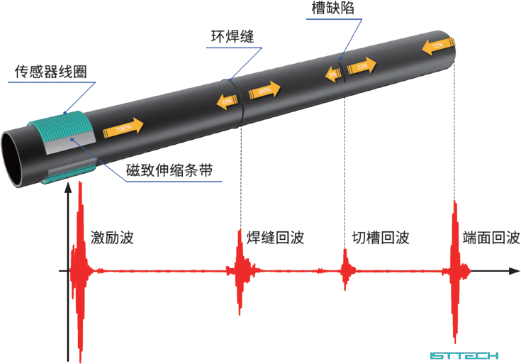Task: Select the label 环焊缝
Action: [x=233, y=35]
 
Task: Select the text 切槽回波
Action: [x=381, y=238]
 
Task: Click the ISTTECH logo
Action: [x=464, y=355]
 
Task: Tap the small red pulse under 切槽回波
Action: [x=347, y=270]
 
